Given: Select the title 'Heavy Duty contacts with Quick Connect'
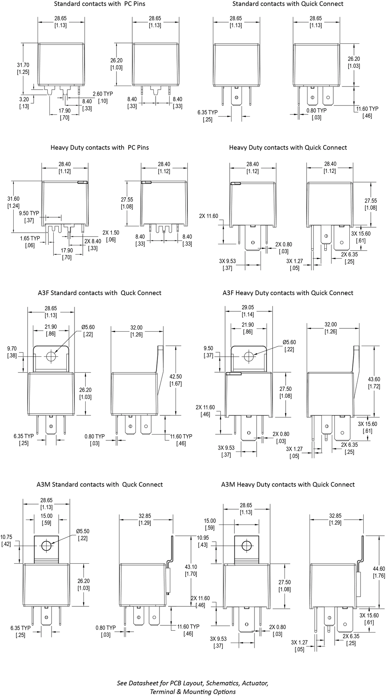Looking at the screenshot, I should [288, 147].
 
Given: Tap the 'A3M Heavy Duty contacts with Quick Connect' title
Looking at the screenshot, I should [288, 484].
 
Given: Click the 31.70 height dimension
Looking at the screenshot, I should [23, 65].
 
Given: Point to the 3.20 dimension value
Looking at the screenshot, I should [24, 99].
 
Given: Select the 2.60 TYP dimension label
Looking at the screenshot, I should [103, 94].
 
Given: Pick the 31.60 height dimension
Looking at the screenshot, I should [14, 199].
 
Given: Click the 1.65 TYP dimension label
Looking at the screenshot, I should [30, 238].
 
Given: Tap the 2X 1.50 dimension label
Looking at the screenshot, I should [111, 232].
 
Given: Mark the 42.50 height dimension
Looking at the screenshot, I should [176, 377].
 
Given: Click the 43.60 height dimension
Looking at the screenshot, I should [374, 379].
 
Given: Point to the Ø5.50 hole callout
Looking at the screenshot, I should [82, 531].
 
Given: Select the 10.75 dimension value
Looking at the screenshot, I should [6, 537].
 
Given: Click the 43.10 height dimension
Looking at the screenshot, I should [191, 567].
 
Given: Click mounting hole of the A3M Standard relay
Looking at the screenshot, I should [46, 546].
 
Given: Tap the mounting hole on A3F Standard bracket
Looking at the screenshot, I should [51, 356].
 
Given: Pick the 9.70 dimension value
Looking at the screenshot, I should [12, 348].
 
